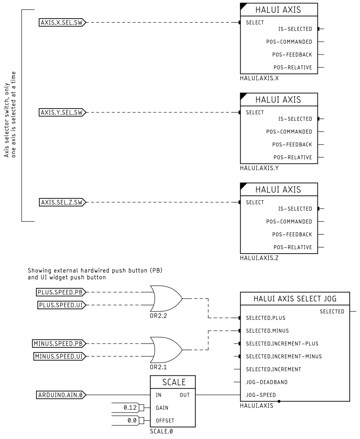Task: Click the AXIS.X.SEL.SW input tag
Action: pyautogui.click(x=62, y=22)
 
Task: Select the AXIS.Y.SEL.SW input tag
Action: pyautogui.click(x=62, y=112)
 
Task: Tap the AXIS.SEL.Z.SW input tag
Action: pyautogui.click(x=62, y=202)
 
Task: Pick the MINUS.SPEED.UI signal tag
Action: pyautogui.click(x=59, y=356)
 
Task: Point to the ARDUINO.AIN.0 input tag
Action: pyautogui.click(x=61, y=395)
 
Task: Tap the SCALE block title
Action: pyautogui.click(x=174, y=382)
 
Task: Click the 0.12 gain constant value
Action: pyautogui.click(x=130, y=408)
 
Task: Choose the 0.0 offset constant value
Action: pyautogui.click(x=132, y=420)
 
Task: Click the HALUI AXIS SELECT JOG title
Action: pyautogui.click(x=295, y=299)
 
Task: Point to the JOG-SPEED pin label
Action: pyautogui.click(x=261, y=395)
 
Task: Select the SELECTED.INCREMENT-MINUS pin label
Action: pyautogui.click(x=284, y=356)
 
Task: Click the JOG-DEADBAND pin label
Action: pyautogui.click(x=267, y=382)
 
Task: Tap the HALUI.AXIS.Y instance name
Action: pyautogui.click(x=259, y=168)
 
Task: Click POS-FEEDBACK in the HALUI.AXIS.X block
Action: pyautogui.click(x=292, y=55)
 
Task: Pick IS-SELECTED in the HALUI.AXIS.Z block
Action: pyautogui.click(x=295, y=209)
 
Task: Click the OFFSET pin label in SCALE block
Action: pyautogui.click(x=165, y=420)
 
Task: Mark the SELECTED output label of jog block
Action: pyautogui.click(x=332, y=311)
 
